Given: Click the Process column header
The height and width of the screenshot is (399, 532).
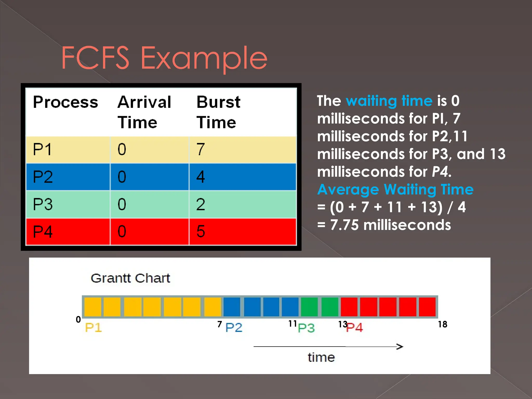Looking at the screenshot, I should (x=65, y=102).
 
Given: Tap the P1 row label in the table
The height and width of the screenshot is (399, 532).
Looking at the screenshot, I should (x=42, y=149).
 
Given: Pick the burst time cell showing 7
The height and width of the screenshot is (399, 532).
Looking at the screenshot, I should (x=201, y=149).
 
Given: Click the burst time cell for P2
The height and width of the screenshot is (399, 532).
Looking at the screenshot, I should (x=201, y=177).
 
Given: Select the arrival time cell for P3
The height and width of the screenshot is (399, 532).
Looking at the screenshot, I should (x=122, y=204).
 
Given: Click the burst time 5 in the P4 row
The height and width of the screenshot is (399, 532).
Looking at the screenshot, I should (x=201, y=231).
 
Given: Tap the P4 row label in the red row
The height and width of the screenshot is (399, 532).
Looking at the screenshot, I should (x=43, y=231).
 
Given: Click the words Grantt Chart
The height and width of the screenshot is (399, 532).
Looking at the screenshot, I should (x=130, y=278).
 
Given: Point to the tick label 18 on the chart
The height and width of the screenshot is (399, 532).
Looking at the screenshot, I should (x=442, y=324).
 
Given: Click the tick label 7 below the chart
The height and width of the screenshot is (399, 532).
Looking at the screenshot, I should (x=220, y=324).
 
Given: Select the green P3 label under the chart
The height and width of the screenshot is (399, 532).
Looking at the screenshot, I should (x=306, y=328).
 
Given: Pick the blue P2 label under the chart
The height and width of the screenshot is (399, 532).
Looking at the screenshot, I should (x=234, y=327).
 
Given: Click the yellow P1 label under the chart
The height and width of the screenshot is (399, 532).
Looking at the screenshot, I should (x=93, y=327).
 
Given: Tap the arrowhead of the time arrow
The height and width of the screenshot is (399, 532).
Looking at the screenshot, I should (x=400, y=347).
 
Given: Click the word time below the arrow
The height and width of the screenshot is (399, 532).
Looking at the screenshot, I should (x=321, y=357).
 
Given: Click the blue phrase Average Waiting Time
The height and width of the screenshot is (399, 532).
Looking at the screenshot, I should (x=395, y=189).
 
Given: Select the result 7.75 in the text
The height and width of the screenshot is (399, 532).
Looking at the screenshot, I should (x=344, y=225).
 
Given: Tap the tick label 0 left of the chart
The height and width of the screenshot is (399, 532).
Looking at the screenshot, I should (x=78, y=319).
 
